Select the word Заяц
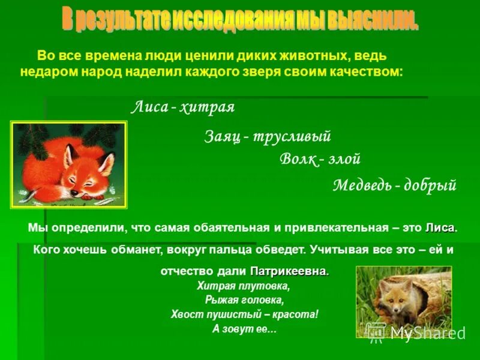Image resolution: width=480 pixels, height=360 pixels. click(x=223, y=137)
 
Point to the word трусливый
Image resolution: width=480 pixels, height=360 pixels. click(x=292, y=137)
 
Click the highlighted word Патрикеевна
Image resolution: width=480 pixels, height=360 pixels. click(x=289, y=271)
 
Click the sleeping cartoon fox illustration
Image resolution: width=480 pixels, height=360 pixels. click(x=68, y=164)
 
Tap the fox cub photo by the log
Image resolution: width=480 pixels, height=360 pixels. click(x=403, y=302)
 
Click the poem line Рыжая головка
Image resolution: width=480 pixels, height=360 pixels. click(x=244, y=300)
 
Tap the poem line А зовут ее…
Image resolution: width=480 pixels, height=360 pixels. click(x=244, y=329)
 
